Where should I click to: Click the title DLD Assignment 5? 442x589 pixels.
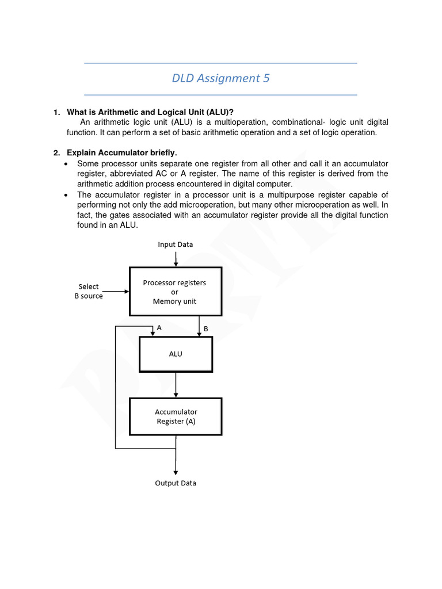tap(220, 78)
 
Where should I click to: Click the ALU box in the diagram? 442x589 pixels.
tap(176, 354)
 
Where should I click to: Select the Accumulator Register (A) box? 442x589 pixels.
tap(176, 416)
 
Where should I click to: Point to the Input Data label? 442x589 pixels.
tap(176, 244)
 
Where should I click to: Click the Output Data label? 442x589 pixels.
tap(176, 483)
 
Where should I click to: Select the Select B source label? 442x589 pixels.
tap(89, 291)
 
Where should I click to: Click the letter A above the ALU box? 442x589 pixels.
tap(159, 327)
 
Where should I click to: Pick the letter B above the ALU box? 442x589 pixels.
tap(205, 328)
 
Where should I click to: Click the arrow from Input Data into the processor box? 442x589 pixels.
tap(176, 258)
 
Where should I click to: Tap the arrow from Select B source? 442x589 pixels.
tap(116, 292)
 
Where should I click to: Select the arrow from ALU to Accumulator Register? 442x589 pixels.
tap(176, 385)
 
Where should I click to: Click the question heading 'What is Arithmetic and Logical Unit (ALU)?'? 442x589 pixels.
tap(150, 112)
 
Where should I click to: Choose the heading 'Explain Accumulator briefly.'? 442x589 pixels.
tap(122, 153)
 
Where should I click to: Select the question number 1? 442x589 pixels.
tap(56, 112)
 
